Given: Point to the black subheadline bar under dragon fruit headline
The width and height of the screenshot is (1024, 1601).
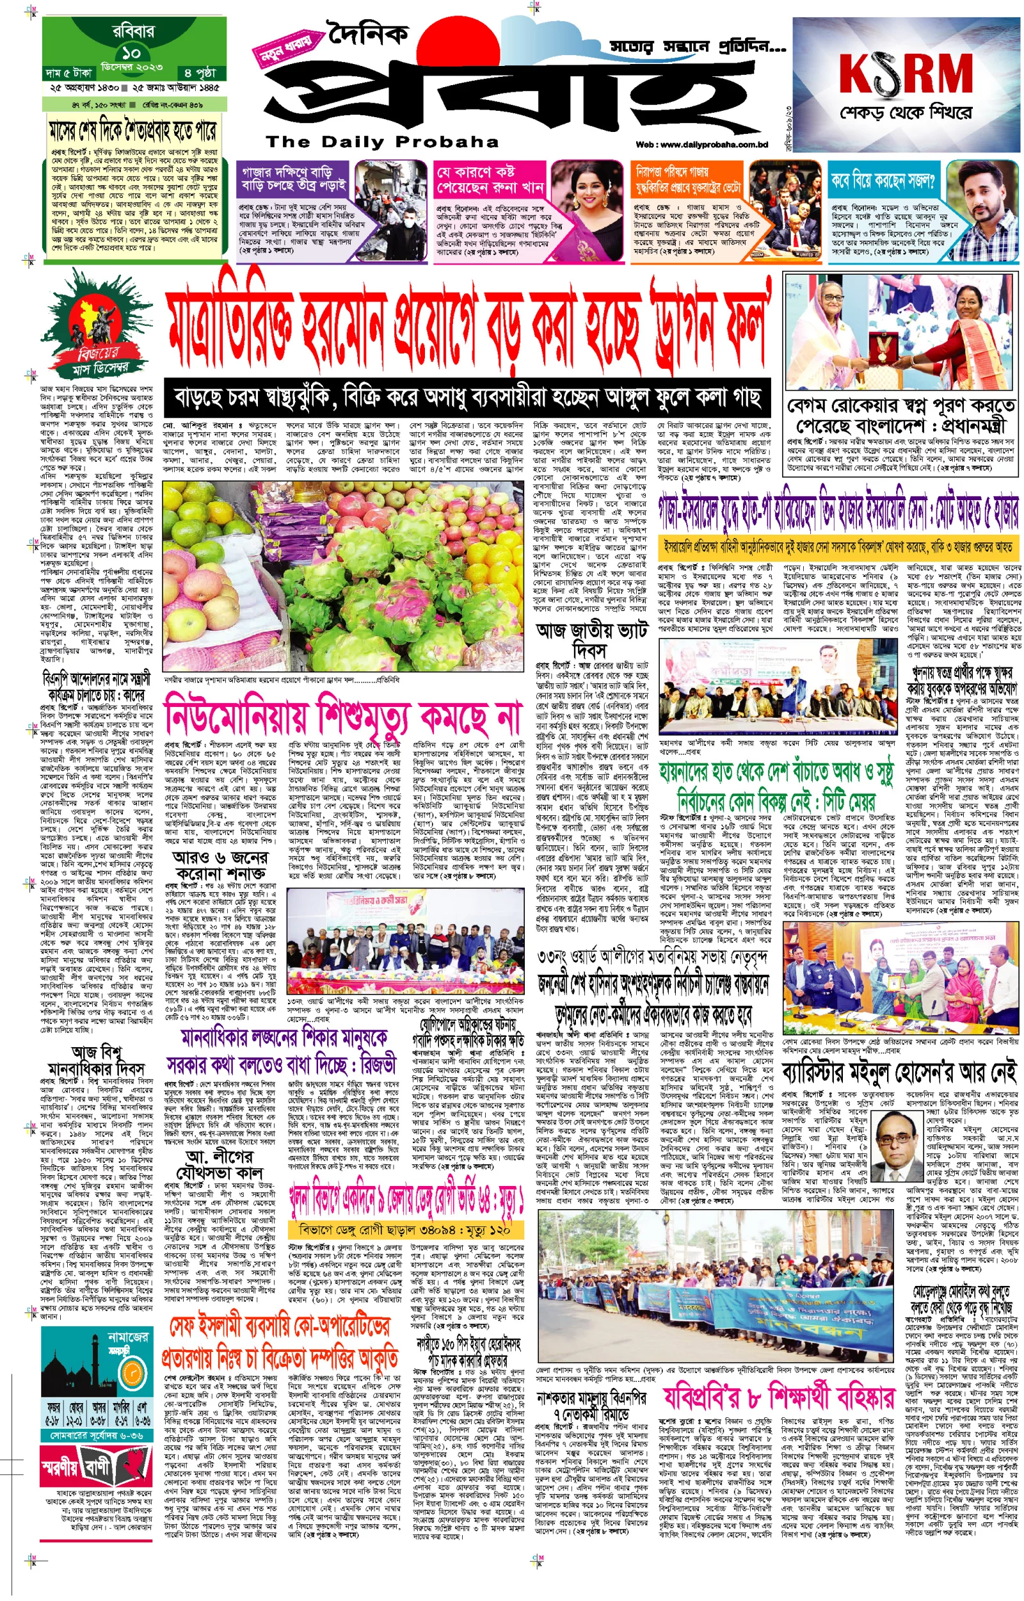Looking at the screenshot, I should click(x=467, y=398).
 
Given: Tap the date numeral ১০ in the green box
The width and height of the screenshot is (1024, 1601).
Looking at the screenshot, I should click(x=131, y=53).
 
